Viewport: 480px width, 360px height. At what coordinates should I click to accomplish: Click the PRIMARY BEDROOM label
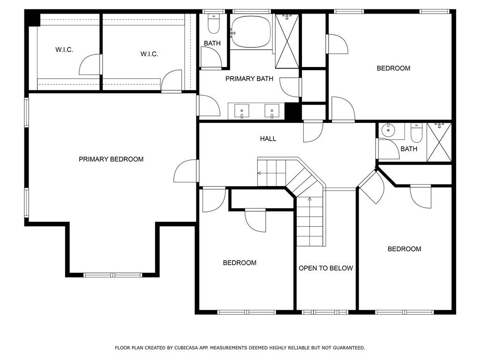[111, 159]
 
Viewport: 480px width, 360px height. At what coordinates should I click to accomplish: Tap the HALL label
[268, 139]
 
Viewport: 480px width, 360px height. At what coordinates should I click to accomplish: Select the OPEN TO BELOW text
[326, 268]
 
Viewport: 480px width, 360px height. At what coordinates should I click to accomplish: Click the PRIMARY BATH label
[249, 79]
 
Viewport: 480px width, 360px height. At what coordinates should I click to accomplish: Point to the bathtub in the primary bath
[251, 32]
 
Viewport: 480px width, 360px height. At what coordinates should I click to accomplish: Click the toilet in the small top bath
[214, 24]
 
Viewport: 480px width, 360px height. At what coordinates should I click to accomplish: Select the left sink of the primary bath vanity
[241, 111]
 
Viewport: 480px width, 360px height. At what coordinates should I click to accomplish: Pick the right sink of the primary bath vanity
[272, 111]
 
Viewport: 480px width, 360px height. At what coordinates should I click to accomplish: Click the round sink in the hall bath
[389, 130]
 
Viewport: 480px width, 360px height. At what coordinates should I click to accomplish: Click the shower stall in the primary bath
[287, 41]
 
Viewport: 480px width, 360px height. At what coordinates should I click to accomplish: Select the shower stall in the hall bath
[439, 142]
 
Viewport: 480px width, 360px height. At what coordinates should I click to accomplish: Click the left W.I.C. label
[64, 50]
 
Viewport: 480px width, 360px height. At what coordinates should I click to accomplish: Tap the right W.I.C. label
[150, 54]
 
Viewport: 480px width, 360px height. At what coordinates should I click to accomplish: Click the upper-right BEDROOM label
[393, 68]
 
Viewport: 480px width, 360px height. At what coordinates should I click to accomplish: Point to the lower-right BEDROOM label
[405, 249]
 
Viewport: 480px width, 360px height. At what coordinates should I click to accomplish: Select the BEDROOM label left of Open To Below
[240, 262]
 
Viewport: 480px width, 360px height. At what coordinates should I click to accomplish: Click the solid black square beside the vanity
[292, 112]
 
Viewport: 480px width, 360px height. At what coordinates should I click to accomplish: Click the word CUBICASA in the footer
[185, 348]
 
